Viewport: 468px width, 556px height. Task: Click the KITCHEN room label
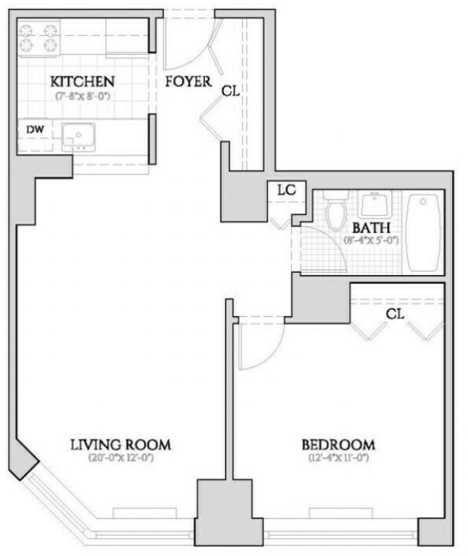pos(82,81)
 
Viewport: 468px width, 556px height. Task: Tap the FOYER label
pos(188,81)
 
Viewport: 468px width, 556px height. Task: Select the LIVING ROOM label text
pos(120,445)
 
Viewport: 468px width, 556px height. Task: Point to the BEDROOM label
pos(338,445)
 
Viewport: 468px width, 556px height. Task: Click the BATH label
pos(371,228)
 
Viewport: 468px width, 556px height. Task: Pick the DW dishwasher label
pos(36,129)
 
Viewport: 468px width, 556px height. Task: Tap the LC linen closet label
pos(287,190)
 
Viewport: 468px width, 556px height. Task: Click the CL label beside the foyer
pos(231,91)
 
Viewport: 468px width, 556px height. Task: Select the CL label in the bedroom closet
pos(395,314)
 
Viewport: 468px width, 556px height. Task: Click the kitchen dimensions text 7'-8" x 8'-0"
pos(82,96)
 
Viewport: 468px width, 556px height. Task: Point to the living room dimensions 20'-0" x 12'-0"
pos(120,458)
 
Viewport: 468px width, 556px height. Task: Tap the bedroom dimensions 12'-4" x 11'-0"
pos(339,458)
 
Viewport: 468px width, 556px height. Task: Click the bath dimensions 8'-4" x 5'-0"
pos(371,241)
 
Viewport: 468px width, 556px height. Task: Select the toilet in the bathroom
pos(336,210)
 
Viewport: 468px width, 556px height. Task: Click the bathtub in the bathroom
pos(424,232)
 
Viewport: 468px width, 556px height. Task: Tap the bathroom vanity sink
pos(374,204)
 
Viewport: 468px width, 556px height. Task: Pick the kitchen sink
pos(79,137)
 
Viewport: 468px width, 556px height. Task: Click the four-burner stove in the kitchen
pos(39,38)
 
